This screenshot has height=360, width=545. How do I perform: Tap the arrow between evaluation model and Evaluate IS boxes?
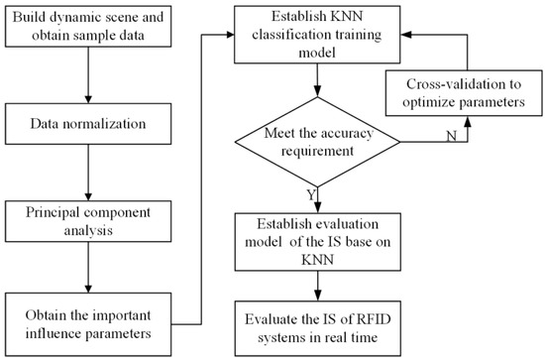click(318, 285)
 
